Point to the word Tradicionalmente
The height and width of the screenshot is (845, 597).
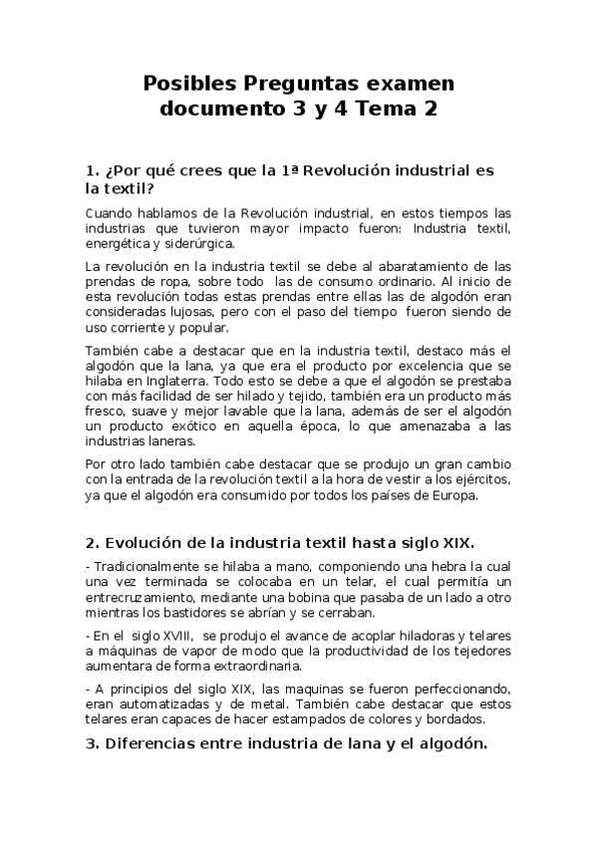pos(147,567)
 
